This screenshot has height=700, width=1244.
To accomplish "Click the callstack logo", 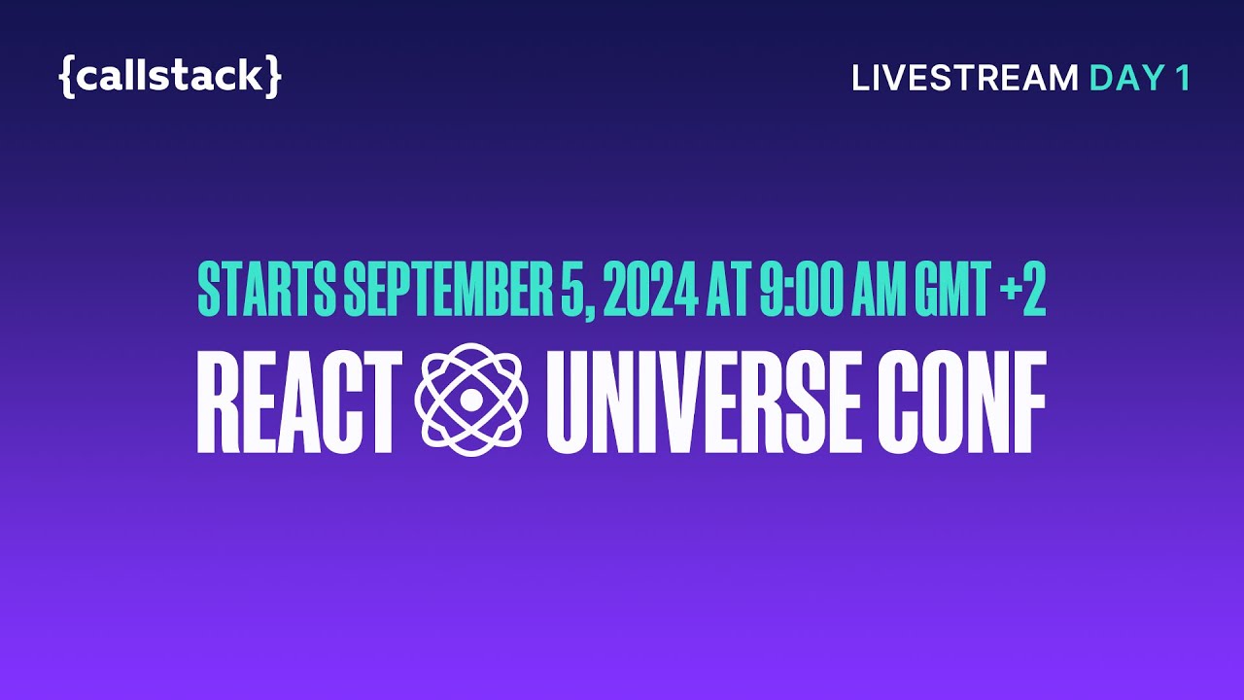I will tap(170, 77).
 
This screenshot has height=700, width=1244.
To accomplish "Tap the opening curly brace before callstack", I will tap(66, 77).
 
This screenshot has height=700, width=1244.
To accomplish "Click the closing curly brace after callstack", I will tap(274, 77).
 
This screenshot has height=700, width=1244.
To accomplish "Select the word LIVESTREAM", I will tap(965, 79).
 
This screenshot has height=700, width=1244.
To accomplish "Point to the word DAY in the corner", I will tap(1122, 79).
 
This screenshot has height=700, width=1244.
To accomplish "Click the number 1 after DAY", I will tap(1181, 79).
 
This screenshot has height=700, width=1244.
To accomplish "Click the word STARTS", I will tap(266, 290).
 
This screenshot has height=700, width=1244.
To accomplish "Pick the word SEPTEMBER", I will tap(448, 290).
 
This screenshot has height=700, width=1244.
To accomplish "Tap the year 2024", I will tap(649, 290).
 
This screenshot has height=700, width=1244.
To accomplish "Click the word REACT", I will tap(299, 402).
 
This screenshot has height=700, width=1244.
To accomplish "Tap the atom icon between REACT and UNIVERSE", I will tap(471, 400).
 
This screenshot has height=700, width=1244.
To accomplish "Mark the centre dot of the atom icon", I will tap(471, 400).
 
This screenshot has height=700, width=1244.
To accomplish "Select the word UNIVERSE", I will tap(701, 402).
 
